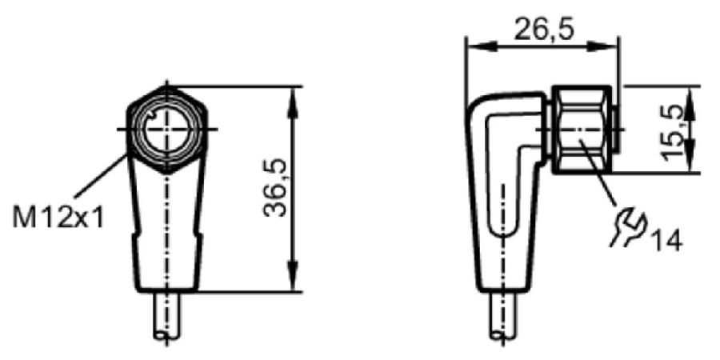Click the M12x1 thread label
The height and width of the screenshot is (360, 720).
58,217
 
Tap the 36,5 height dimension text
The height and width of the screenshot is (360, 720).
275,188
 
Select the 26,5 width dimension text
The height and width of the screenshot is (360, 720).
544,30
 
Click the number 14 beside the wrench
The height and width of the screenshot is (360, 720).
666,240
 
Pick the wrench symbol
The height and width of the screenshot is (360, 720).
628,226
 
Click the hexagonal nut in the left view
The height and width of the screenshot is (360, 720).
166,130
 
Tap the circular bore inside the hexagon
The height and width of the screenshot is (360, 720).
166,130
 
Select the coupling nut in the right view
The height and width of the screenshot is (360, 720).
582,130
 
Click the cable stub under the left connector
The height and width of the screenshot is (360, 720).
167,316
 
